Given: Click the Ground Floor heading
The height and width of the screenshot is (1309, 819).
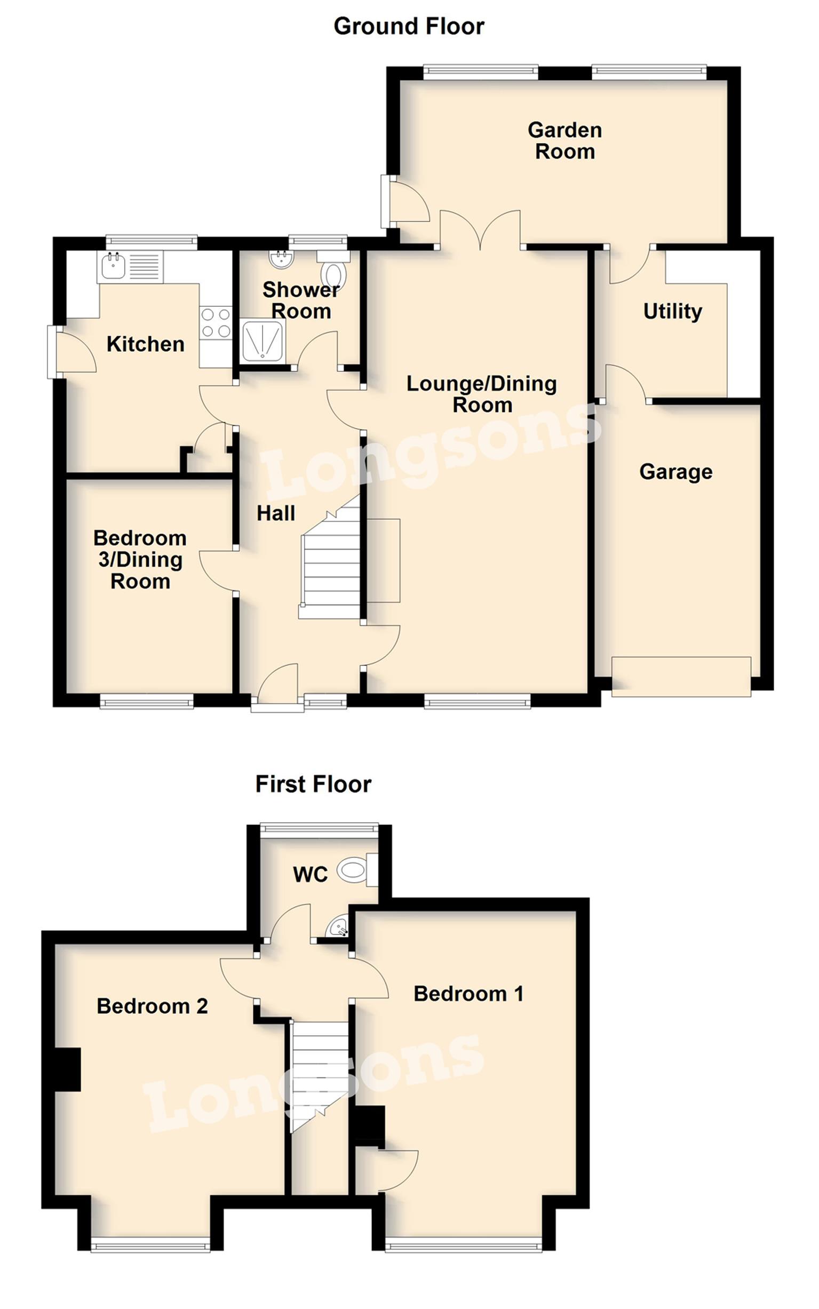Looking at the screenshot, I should click(x=408, y=27).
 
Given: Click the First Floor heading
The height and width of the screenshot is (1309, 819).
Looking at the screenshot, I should click(x=313, y=785).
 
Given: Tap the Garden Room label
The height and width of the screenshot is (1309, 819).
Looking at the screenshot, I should click(x=564, y=141).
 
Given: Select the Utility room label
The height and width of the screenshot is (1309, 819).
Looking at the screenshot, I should click(x=672, y=312).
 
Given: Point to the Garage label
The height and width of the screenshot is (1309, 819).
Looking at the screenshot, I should click(x=675, y=472).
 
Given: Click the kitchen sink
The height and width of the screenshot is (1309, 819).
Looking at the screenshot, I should click(x=113, y=266).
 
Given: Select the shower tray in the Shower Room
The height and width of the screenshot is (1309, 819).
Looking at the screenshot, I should click(x=262, y=340).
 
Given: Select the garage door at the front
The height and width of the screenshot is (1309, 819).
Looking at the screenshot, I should click(x=681, y=676).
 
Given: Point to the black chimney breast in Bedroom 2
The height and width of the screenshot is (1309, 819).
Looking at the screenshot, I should click(x=68, y=1069).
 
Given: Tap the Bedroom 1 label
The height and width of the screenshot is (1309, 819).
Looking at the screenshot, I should click(x=468, y=994).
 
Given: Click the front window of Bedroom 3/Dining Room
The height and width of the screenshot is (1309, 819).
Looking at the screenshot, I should click(x=147, y=702).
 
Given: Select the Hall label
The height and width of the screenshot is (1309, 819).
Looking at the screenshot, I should click(x=276, y=513).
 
